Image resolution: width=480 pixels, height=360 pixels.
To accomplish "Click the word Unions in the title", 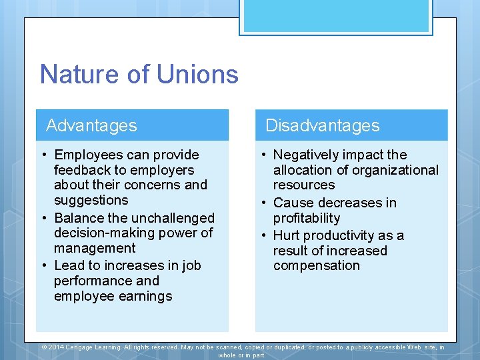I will (x=197, y=74).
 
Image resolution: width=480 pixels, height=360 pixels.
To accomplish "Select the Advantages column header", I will (x=91, y=125).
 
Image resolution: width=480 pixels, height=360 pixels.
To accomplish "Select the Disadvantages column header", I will (x=322, y=125).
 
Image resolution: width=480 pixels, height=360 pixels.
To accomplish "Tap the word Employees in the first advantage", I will (x=90, y=155).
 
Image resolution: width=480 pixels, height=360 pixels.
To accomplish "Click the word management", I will (x=95, y=248).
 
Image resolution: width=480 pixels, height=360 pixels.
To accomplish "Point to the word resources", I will (x=304, y=185).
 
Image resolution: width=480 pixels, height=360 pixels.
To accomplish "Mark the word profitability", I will (x=307, y=218).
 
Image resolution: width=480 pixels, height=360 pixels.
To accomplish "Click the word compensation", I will (x=316, y=265).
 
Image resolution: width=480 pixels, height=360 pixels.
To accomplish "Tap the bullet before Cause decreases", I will (x=264, y=203).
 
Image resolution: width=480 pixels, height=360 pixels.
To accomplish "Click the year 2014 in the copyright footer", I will (x=56, y=347).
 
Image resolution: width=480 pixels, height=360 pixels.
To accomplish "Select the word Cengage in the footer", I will (x=81, y=347).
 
